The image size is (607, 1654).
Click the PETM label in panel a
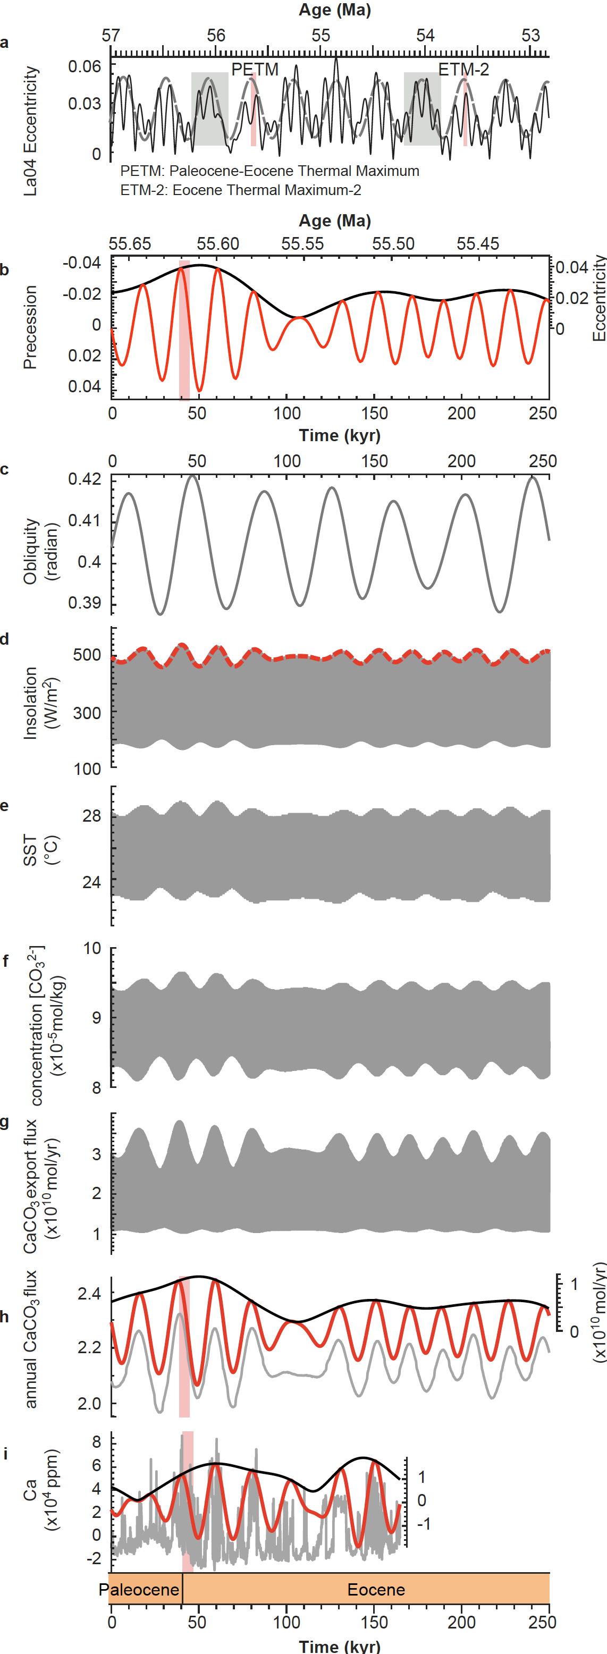pyautogui.click(x=255, y=69)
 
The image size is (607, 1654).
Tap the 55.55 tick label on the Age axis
pyautogui.click(x=302, y=244)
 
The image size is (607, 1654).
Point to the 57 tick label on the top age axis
pyautogui.click(x=111, y=35)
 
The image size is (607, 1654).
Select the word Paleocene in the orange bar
pyautogui.click(x=139, y=1589)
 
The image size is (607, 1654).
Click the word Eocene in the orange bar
pyautogui.click(x=376, y=1589)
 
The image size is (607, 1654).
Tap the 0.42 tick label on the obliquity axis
pyautogui.click(x=85, y=479)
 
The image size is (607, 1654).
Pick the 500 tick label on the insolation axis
pyautogui.click(x=87, y=655)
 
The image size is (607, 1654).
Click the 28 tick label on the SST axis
pyautogui.click(x=91, y=815)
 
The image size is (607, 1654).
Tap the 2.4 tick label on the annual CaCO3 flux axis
pyautogui.click(x=89, y=1293)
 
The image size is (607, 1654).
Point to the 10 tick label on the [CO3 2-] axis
pyautogui.click(x=92, y=948)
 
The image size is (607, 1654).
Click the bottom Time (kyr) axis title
pyautogui.click(x=339, y=1645)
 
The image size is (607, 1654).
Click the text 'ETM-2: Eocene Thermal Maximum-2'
pyautogui.click(x=240, y=190)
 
